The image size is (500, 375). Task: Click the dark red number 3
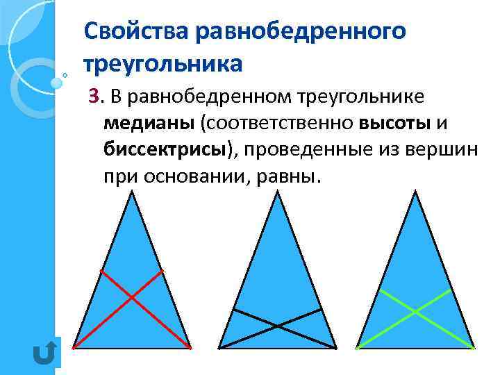(93, 98)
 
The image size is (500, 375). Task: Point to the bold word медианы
(149, 123)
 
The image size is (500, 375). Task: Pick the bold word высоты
(395, 123)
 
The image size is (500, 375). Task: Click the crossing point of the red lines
(132, 297)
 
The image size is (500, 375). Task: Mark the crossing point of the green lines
(415, 310)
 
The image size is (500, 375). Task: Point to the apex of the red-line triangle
(132, 192)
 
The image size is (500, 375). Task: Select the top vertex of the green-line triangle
(415, 192)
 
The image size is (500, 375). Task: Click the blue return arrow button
(44, 353)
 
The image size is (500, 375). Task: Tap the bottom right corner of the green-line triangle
(475, 347)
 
